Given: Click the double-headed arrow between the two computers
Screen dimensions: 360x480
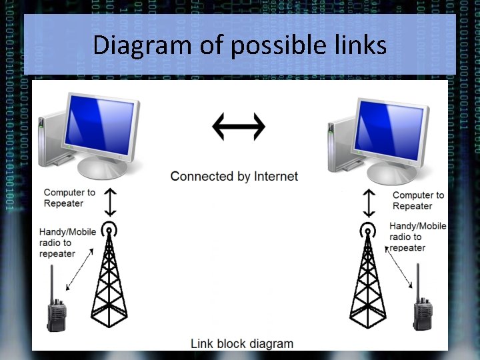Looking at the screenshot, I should pyautogui.click(x=239, y=126).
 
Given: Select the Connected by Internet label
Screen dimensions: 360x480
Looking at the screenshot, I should pyautogui.click(x=234, y=177).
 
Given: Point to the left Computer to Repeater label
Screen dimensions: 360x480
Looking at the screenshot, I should pyautogui.click(x=69, y=198).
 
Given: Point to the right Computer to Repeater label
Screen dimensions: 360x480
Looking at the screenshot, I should pyautogui.click(x=418, y=201).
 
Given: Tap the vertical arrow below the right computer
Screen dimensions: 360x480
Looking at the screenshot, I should pyautogui.click(x=368, y=202).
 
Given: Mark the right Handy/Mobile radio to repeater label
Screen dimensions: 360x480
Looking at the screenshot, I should pyautogui.click(x=417, y=237).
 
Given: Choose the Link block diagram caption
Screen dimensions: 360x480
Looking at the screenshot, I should pyautogui.click(x=241, y=344).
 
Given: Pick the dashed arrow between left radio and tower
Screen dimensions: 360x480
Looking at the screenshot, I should pyautogui.click(x=82, y=273).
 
